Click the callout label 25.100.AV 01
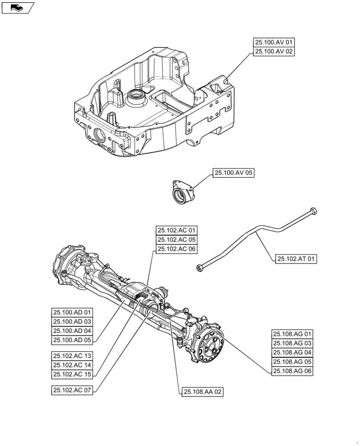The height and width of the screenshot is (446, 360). click(x=274, y=43)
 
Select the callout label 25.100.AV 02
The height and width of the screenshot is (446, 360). click(x=274, y=52)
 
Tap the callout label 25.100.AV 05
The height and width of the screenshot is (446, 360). click(x=233, y=173)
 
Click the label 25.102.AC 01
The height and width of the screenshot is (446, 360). click(x=176, y=231)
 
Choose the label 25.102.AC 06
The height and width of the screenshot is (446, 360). click(x=176, y=249)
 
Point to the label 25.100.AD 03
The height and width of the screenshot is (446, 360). click(x=72, y=322)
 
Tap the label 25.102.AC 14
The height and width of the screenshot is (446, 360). click(x=72, y=365)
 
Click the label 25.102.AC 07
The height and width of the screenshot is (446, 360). click(x=72, y=390)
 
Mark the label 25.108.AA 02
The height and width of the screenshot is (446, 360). click(x=202, y=392)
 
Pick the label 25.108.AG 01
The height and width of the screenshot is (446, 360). click(x=293, y=334)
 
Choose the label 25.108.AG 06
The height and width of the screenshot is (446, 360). click(x=293, y=371)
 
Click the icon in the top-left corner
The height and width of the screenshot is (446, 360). click(x=17, y=8)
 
